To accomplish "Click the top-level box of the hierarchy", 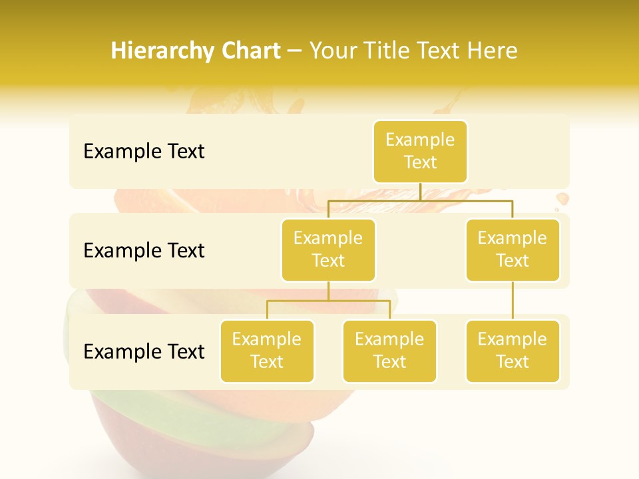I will [420, 151].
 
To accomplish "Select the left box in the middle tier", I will [328, 249].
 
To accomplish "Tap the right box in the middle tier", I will [513, 249].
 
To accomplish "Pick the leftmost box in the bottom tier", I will [267, 351].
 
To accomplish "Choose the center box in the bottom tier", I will [389, 351].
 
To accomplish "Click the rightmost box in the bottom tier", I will [513, 351].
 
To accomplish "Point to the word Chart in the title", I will [248, 51].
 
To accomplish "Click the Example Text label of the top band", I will [144, 151].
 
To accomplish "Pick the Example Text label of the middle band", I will [144, 250].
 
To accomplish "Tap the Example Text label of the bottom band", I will [144, 351].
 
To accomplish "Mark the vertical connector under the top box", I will [420, 192].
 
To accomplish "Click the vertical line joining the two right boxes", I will [513, 301].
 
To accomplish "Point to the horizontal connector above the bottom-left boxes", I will [328, 301].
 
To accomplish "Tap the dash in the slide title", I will [295, 51].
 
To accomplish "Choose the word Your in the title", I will [331, 51].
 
